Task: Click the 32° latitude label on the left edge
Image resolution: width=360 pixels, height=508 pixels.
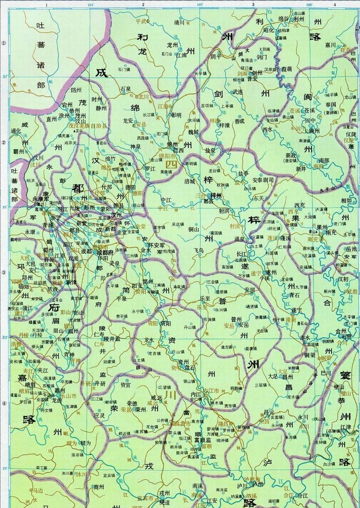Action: tap(4, 77)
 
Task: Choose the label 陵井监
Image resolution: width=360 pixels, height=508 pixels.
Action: tap(112, 338)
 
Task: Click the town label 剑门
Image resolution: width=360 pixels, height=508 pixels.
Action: tap(262, 57)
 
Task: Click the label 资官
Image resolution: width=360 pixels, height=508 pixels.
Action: tap(125, 385)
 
